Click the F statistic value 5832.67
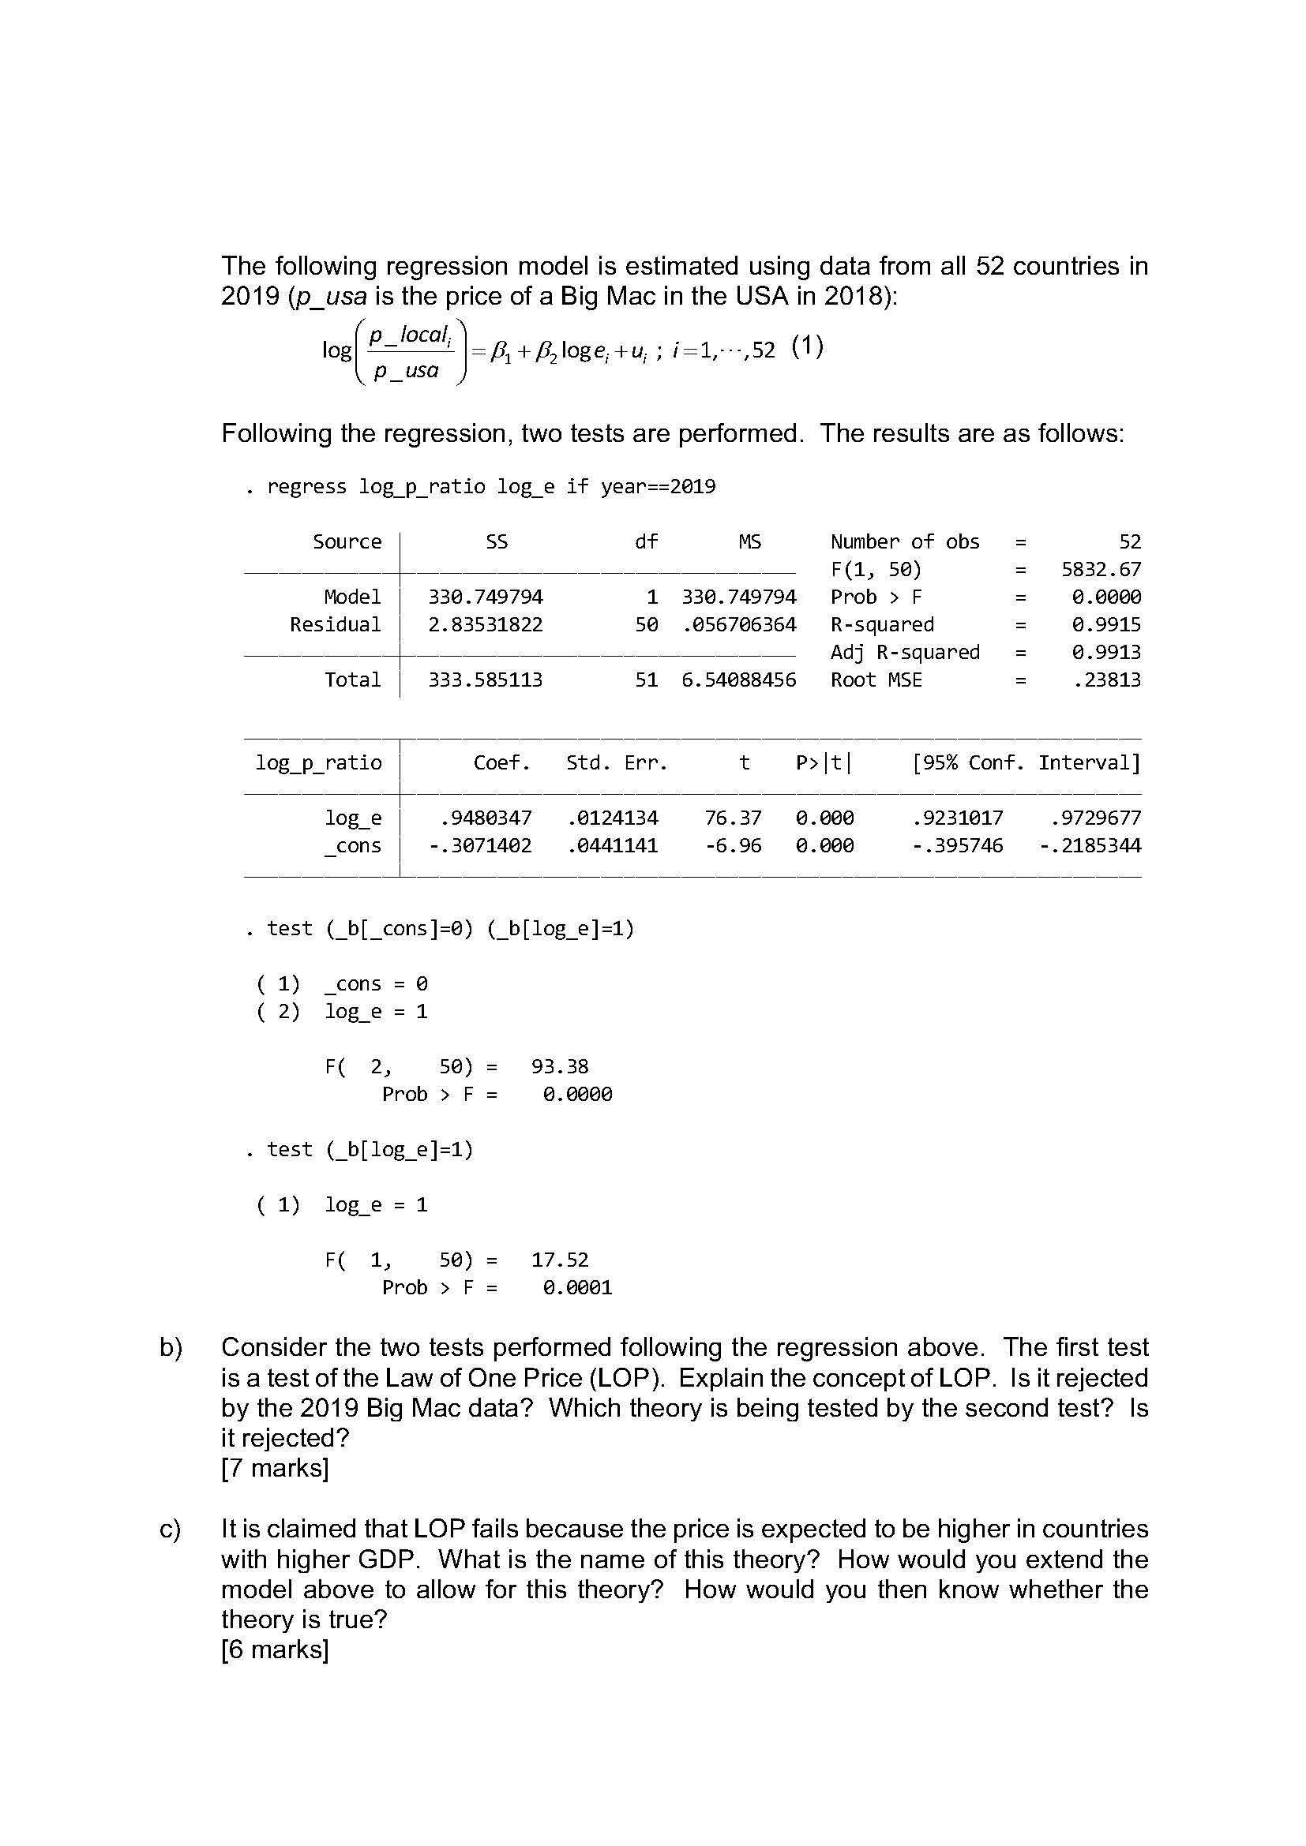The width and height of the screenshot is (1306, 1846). pyautogui.click(x=1100, y=569)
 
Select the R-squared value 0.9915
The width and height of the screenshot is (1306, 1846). pyautogui.click(x=1105, y=625)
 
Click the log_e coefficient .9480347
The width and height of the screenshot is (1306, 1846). pyautogui.click(x=486, y=818)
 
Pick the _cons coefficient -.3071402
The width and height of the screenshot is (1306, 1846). pyautogui.click(x=480, y=845)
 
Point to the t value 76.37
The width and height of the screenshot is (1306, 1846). pyautogui.click(x=733, y=818)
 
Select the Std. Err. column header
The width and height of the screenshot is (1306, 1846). pyautogui.click(x=617, y=762)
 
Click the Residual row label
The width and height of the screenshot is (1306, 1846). pyautogui.click(x=336, y=625)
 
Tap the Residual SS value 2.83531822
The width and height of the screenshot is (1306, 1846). pyautogui.click(x=485, y=625)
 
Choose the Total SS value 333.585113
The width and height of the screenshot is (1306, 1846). pyautogui.click(x=485, y=680)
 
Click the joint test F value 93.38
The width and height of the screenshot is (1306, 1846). pyautogui.click(x=560, y=1066)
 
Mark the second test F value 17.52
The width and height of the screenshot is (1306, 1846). pyautogui.click(x=560, y=1259)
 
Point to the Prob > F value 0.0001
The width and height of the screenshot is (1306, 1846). pyautogui.click(x=577, y=1287)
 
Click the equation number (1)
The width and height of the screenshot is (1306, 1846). pyautogui.click(x=808, y=346)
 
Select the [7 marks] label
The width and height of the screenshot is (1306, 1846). pyautogui.click(x=275, y=1467)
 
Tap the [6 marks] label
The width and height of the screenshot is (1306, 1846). pyautogui.click(x=275, y=1649)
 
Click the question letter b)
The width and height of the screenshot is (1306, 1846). pyautogui.click(x=171, y=1346)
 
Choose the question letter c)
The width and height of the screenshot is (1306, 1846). pyautogui.click(x=170, y=1529)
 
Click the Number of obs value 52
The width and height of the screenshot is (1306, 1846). pyautogui.click(x=1129, y=542)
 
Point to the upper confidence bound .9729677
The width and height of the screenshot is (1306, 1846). pyautogui.click(x=1095, y=818)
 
